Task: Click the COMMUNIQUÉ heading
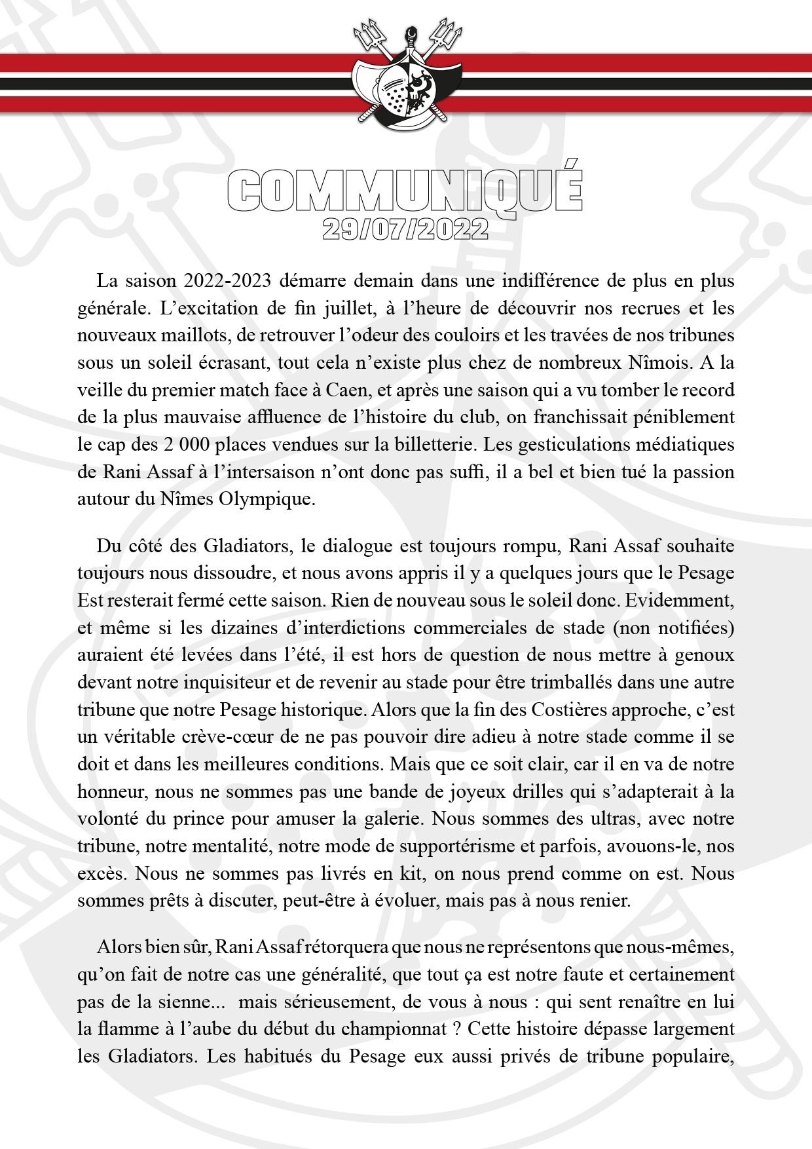405,190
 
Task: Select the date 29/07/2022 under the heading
405,230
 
